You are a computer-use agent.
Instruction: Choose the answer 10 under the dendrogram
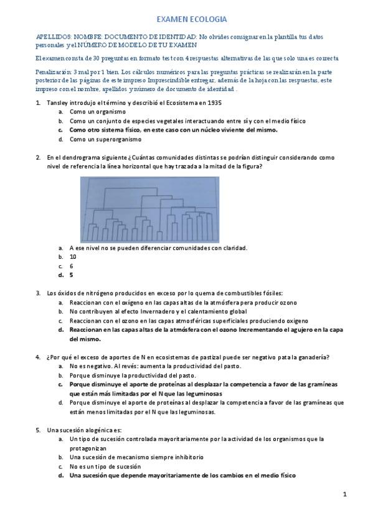pyautogui.click(x=73, y=256)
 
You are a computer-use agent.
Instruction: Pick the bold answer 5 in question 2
pyautogui.click(x=71, y=274)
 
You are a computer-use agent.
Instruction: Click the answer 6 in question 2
pyautogui.click(x=71, y=266)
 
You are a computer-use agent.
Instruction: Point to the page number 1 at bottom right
pyautogui.click(x=344, y=495)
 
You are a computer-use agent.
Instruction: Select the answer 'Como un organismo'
pyautogui.click(x=97, y=112)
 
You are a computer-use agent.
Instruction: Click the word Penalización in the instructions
pyautogui.click(x=53, y=72)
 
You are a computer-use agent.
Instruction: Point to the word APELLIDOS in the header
pyautogui.click(x=54, y=37)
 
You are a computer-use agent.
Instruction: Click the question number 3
pyautogui.click(x=38, y=293)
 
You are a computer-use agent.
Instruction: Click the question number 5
pyautogui.click(x=38, y=430)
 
